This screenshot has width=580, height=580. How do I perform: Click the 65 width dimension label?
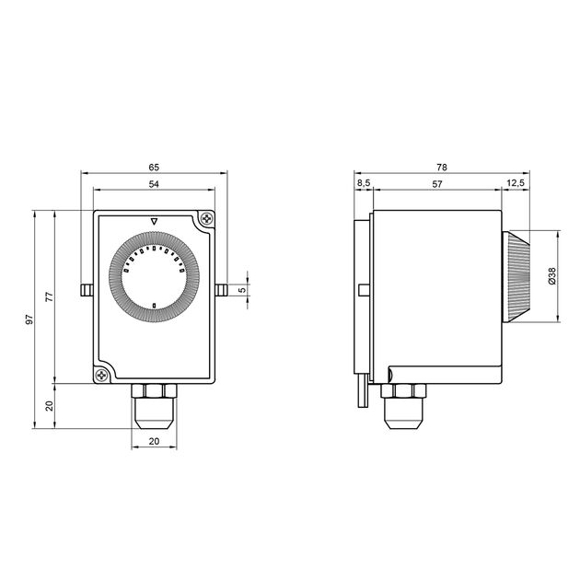click(154, 168)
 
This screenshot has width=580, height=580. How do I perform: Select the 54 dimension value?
click(154, 184)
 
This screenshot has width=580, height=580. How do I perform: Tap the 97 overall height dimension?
click(29, 319)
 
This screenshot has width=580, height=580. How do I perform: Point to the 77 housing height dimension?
click(49, 296)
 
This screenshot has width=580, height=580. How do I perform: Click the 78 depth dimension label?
click(442, 168)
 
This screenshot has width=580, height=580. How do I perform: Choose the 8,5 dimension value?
click(364, 183)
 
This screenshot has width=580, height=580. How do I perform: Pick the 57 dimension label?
click(437, 184)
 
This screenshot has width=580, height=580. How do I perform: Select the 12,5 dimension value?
click(516, 183)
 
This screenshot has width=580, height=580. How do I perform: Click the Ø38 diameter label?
click(551, 276)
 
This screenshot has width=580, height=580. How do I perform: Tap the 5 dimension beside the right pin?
click(242, 290)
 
